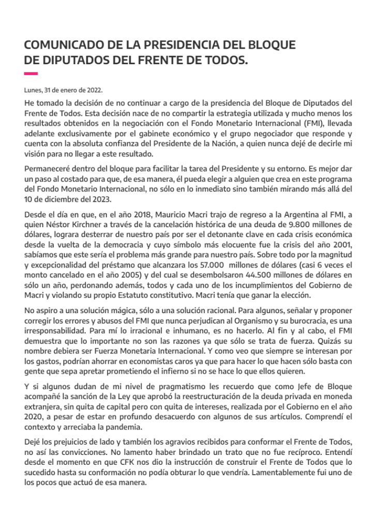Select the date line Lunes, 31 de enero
coord(63,89)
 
